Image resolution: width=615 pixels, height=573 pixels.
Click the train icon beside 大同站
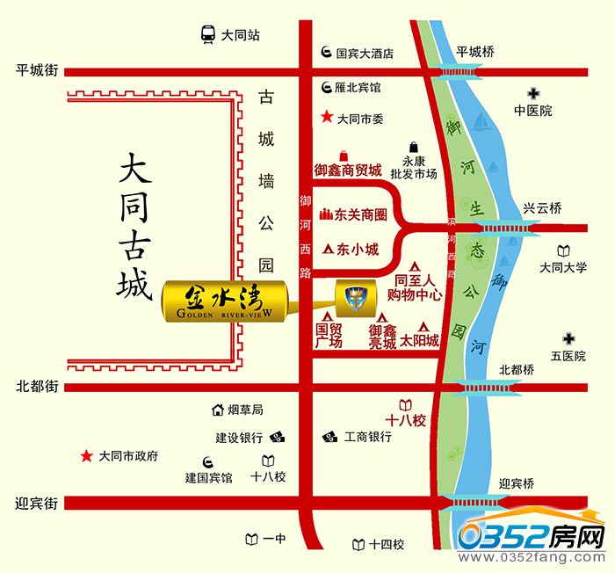[207, 36]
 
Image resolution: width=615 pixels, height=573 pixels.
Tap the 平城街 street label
[38, 69]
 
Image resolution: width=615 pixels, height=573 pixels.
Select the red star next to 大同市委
[327, 116]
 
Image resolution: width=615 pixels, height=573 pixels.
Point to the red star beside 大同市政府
[86, 456]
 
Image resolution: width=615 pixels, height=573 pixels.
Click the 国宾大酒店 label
[364, 53]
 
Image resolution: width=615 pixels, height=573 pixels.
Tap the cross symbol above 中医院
[533, 93]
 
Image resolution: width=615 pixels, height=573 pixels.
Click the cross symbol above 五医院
[568, 338]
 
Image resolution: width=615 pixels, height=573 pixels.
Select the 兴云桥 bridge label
[542, 208]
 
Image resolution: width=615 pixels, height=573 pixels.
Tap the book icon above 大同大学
[563, 250]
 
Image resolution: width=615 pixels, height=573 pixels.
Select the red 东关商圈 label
[362, 215]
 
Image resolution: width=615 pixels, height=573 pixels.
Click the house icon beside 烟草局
[217, 410]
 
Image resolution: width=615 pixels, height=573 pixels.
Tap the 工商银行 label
[367, 437]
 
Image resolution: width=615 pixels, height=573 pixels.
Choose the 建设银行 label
[241, 437]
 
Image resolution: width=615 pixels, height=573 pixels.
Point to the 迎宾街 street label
[38, 504]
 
